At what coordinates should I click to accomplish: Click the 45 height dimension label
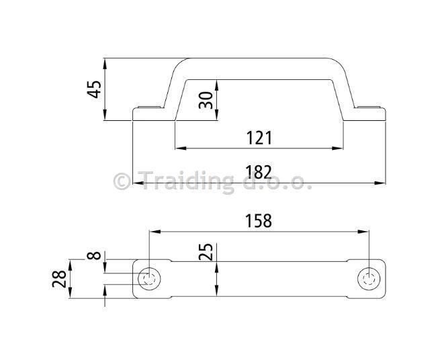coord(94,89)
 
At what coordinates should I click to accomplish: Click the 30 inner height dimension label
coord(206,100)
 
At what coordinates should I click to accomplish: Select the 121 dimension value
coord(259,138)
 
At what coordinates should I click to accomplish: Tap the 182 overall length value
coord(259,172)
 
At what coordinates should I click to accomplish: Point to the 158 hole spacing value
coord(259,221)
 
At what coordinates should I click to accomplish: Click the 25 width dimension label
coord(206,252)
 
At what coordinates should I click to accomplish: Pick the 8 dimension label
coord(94,255)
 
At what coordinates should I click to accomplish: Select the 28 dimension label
coord(59,279)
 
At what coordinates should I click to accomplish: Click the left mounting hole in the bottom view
coord(149,279)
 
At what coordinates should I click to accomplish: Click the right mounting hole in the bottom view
coord(369,279)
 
